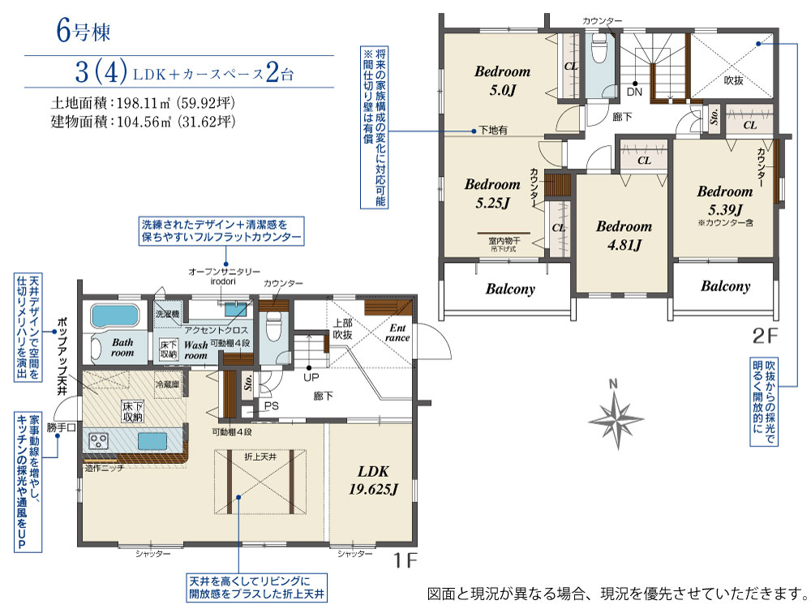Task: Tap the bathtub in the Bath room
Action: [x=115, y=315]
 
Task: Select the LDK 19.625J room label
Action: [x=373, y=480]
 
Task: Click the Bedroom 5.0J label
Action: [x=502, y=80]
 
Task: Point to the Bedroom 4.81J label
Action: [x=624, y=235]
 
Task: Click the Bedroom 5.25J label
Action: [x=492, y=193]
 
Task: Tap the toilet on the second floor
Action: [x=599, y=49]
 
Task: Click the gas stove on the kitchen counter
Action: [x=98, y=441]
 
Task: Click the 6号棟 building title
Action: [x=84, y=31]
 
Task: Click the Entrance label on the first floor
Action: [x=397, y=333]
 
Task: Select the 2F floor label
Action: [x=765, y=337]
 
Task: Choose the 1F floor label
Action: [x=405, y=560]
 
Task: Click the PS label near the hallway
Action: [x=272, y=406]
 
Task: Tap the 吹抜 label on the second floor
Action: [x=733, y=80]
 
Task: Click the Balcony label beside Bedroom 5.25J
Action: [x=510, y=289]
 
